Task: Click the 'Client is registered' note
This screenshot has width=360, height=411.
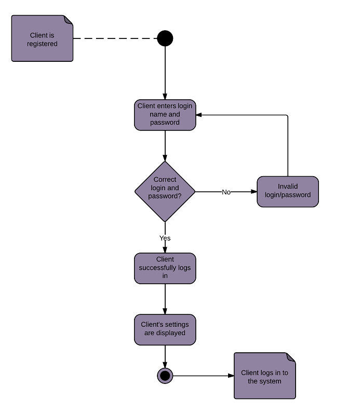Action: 42,38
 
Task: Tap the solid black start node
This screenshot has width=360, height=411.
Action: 165,38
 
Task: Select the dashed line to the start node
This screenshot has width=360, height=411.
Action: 114,38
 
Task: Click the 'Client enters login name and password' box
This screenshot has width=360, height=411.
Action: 165,114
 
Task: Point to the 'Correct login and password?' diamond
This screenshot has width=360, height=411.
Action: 165,191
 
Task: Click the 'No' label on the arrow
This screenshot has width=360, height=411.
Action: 226,192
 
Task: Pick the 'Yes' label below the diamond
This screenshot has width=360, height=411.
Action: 165,238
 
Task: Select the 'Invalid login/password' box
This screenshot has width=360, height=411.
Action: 287,191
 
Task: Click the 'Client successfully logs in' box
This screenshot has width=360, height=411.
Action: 165,268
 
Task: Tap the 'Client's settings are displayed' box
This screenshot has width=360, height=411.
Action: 165,329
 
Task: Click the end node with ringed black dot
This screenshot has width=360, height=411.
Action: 165,375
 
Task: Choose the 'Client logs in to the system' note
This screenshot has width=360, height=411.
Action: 264,376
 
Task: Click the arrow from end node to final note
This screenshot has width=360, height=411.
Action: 203,375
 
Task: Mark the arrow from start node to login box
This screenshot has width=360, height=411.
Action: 165,73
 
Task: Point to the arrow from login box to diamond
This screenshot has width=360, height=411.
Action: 165,145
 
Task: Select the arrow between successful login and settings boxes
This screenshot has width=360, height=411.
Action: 165,299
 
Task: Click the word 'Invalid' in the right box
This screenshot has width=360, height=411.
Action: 288,187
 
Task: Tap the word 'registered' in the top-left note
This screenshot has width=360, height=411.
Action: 42,44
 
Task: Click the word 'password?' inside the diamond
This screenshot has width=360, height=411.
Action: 165,196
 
